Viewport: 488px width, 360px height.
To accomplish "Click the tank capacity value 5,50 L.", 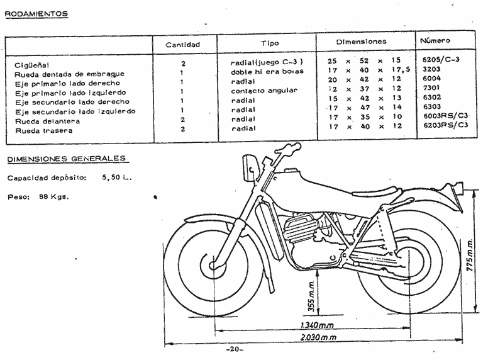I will tap(116, 177).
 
